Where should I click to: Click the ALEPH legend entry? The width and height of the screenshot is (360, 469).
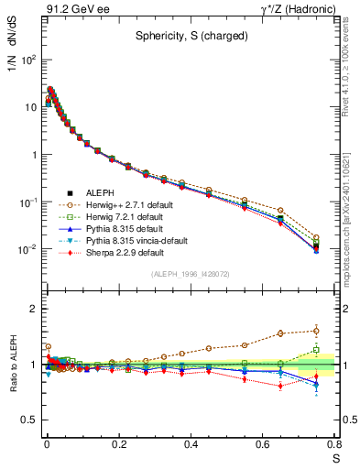(x=100, y=191)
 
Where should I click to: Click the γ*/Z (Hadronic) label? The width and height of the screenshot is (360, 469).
(x=300, y=8)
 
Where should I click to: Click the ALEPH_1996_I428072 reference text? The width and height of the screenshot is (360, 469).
(x=190, y=274)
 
